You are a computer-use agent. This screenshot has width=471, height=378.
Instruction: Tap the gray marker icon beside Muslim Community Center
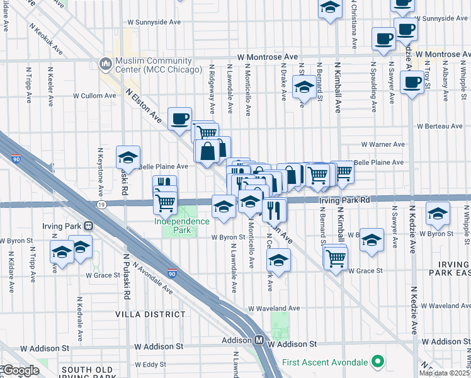tap(105, 64)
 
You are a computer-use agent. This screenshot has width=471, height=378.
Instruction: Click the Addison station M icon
tap(259, 340)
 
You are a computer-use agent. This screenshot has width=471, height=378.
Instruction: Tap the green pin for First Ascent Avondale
tap(377, 362)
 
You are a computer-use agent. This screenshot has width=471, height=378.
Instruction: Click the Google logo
tap(20, 370)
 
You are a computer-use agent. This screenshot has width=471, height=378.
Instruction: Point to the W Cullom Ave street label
tap(94, 96)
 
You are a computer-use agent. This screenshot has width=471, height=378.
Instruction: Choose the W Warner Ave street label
tap(382, 144)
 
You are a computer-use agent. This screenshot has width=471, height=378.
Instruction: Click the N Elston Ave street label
tap(144, 105)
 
